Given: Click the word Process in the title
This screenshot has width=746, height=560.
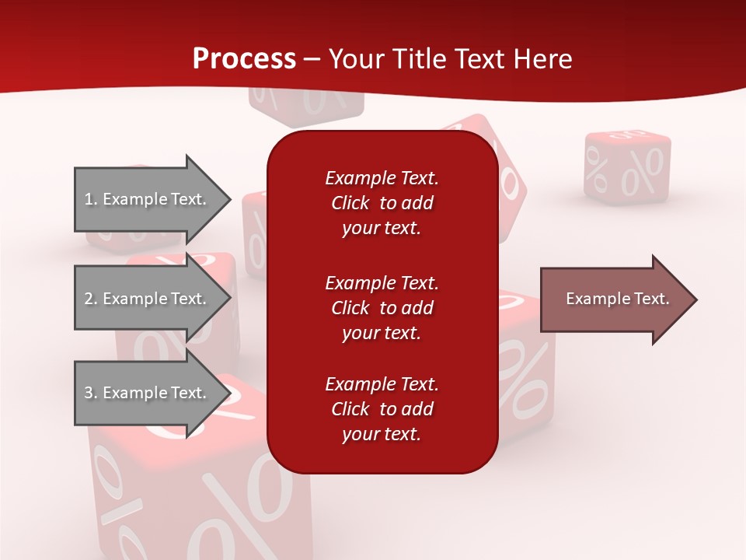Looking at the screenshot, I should point(244,59).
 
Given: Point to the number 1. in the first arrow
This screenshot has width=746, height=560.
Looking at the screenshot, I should point(90,199).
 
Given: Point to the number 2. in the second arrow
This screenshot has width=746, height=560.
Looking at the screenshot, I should point(90,299).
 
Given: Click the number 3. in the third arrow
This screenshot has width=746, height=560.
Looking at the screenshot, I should point(90,393).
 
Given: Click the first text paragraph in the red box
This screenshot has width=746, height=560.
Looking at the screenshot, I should point(382,203).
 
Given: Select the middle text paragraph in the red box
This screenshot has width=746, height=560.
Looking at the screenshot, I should point(382,308).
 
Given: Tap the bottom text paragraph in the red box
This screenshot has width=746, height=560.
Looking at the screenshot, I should point(382,409).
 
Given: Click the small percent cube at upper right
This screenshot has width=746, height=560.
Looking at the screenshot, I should point(627,167).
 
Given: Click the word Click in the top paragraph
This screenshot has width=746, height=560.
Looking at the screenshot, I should point(350,203).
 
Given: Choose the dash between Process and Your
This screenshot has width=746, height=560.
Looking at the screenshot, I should point(312,59).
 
